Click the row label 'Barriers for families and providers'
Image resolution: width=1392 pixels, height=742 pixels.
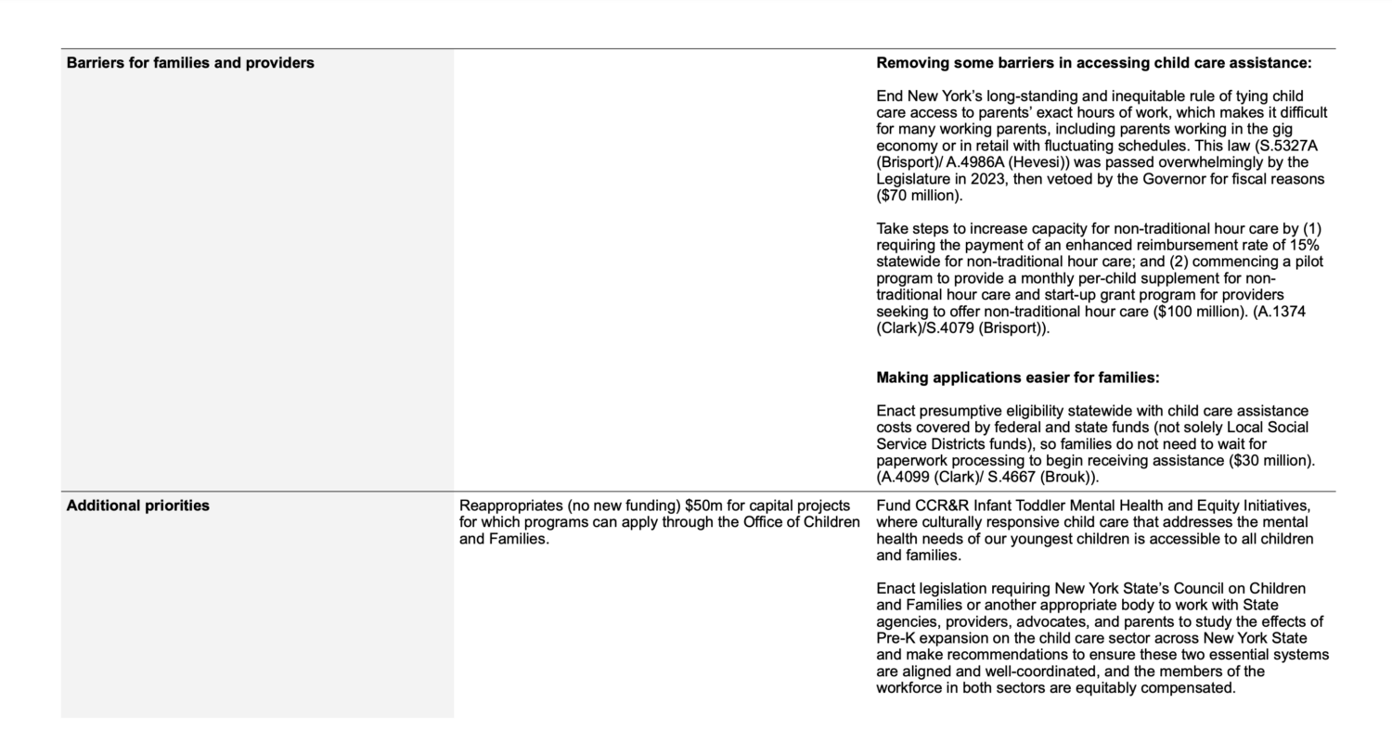point(190,63)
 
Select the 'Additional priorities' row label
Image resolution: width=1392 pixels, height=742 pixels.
point(137,505)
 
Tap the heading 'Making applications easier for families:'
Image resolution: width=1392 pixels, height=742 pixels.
point(1017,377)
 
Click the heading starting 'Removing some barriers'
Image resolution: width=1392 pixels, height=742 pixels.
point(1093,63)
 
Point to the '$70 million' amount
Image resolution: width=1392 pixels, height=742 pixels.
point(919,196)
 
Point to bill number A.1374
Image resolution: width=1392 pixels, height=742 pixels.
point(1282,312)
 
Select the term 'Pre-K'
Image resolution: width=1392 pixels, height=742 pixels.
point(897,639)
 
